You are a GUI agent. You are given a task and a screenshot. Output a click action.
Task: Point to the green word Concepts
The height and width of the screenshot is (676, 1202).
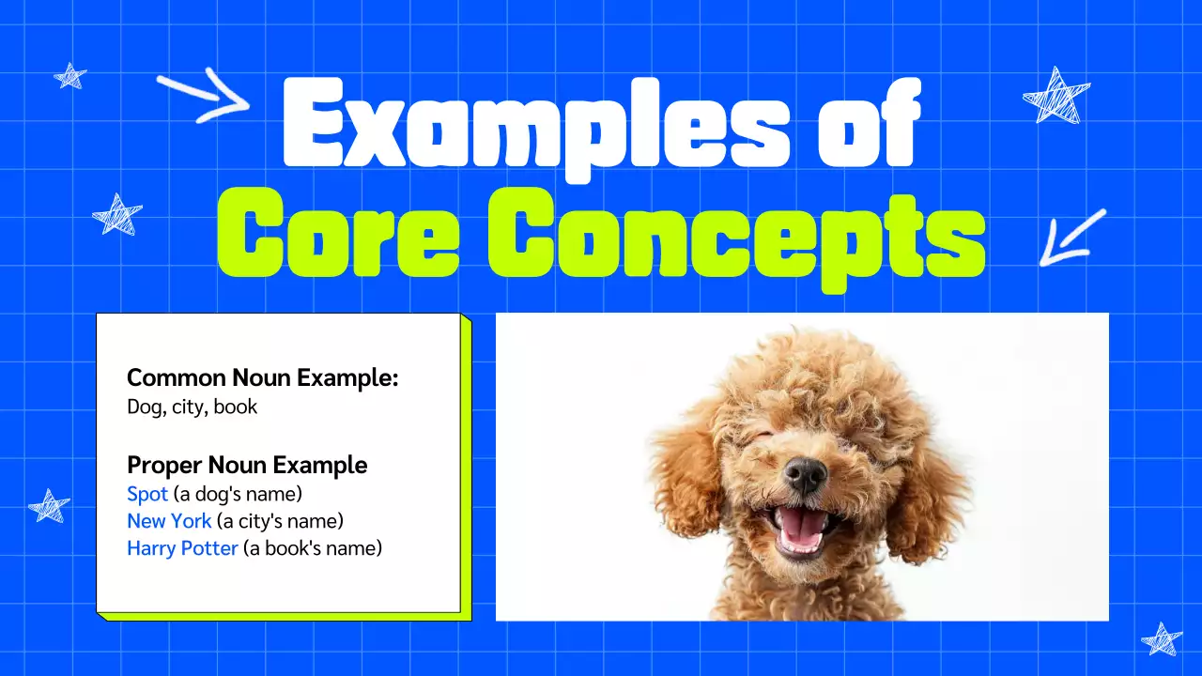[735, 234]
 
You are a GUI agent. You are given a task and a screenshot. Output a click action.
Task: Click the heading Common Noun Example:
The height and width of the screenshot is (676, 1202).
[263, 378]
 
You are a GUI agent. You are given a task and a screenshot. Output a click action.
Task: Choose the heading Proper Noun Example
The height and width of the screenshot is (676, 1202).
[247, 465]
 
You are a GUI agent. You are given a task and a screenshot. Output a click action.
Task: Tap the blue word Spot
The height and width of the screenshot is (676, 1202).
[147, 494]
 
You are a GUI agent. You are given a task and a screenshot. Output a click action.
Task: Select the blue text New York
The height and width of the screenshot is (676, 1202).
[169, 521]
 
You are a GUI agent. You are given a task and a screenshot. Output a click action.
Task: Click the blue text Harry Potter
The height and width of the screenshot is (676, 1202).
[182, 548]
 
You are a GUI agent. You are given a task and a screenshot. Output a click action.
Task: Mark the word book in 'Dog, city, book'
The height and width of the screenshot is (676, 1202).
[236, 407]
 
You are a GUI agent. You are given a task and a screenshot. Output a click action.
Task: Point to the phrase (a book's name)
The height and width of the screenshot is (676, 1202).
[313, 548]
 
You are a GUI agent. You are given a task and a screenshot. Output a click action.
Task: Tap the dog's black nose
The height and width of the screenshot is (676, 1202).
[805, 475]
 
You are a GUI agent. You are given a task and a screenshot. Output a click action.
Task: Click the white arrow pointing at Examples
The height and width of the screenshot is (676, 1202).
[202, 97]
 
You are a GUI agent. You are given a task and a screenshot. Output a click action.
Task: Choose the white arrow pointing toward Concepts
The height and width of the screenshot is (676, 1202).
[1071, 237]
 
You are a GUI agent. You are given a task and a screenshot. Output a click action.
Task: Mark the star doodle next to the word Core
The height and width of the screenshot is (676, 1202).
[117, 215]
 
